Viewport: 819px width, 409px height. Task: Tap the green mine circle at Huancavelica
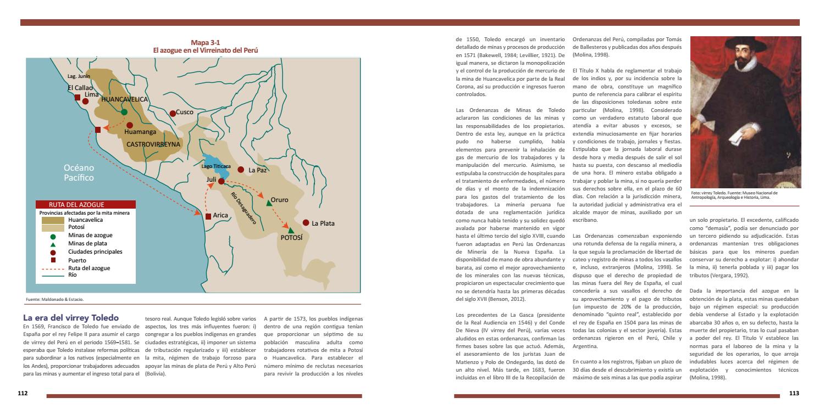pyautogui.click(x=124, y=112)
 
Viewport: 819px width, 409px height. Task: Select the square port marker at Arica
pyautogui.click(x=208, y=216)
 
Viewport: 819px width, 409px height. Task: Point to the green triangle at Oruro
pyautogui.click(x=269, y=203)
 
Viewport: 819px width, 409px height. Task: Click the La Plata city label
pyautogui.click(x=323, y=223)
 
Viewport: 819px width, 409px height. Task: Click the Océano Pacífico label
pyautogui.click(x=79, y=172)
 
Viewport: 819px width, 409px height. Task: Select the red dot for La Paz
pyautogui.click(x=240, y=170)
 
